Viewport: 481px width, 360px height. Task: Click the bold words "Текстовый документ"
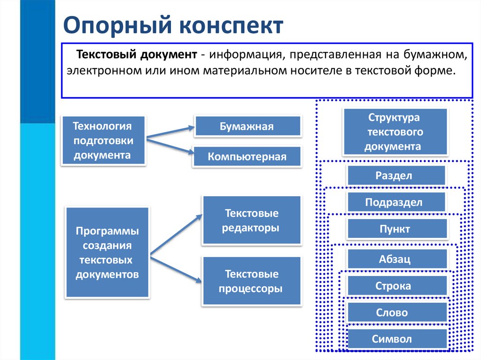(x=137, y=56)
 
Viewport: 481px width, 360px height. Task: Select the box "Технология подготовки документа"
(x=103, y=140)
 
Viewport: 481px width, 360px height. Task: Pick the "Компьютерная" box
(x=247, y=157)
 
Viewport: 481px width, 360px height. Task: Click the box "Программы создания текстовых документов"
(x=108, y=253)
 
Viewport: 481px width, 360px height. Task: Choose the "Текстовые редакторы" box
(x=251, y=221)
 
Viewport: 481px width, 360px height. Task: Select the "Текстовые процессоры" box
(x=251, y=281)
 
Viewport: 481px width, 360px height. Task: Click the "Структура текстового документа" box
(x=395, y=132)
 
